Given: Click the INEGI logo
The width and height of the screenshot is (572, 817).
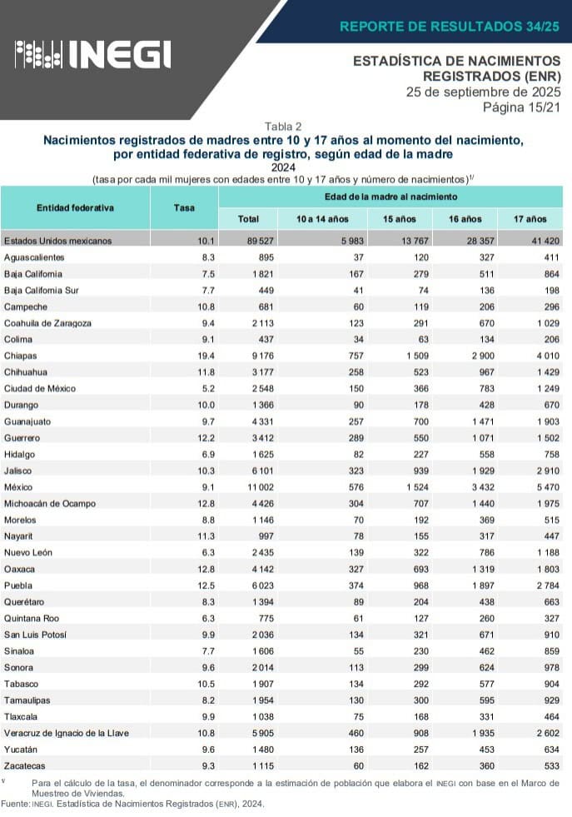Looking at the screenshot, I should click(x=93, y=55).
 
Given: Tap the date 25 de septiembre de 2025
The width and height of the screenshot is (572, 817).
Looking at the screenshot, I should click(x=483, y=92).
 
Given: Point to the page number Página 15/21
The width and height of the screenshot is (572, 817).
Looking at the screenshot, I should click(x=521, y=107).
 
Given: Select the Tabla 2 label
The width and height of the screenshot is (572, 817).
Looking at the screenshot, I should click(x=283, y=127).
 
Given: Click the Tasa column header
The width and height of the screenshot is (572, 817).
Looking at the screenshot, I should click(x=184, y=207).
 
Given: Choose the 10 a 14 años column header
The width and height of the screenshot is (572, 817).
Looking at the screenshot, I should click(x=322, y=219).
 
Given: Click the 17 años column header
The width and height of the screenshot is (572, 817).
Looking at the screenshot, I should click(x=530, y=219).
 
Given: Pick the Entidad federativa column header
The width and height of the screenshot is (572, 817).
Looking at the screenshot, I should click(x=75, y=207).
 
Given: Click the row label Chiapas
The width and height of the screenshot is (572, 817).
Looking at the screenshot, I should click(x=20, y=356).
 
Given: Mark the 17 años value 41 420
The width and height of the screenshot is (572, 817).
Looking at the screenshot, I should click(x=530, y=241).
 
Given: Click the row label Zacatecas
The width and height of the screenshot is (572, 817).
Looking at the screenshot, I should click(x=25, y=765).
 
